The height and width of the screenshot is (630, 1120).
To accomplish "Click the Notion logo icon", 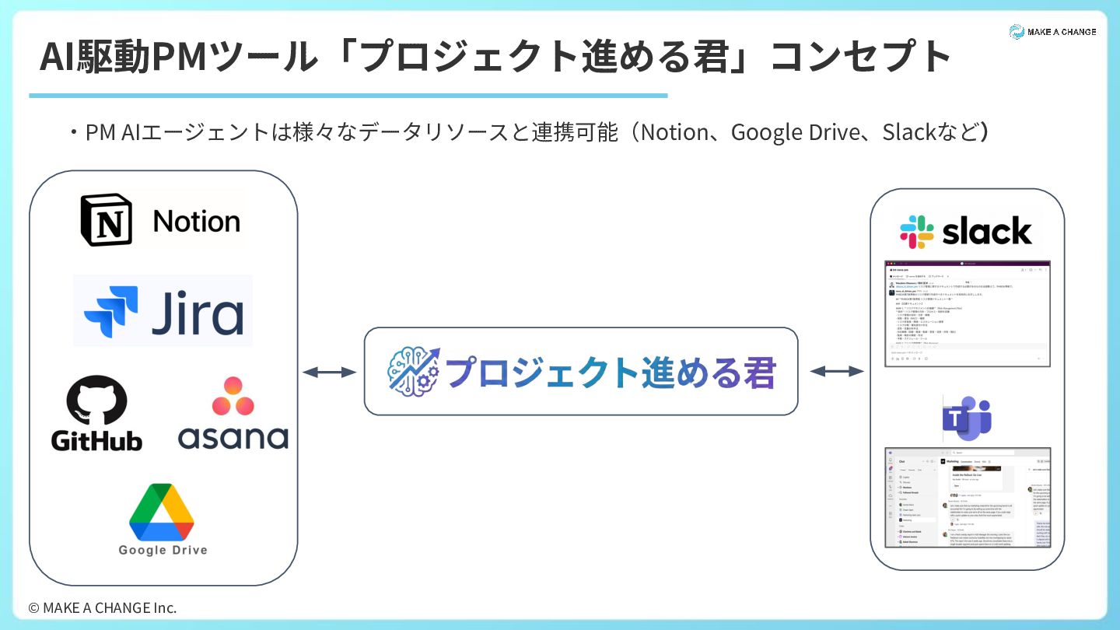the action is click(107, 220).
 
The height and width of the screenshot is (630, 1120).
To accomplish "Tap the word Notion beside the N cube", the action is click(197, 222).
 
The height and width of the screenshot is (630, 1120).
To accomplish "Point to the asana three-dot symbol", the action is click(233, 397).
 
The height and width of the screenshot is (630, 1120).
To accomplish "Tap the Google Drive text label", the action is click(163, 550).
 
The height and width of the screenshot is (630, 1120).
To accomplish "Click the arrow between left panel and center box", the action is click(329, 373).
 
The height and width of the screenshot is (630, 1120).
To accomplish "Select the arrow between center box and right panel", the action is click(837, 372).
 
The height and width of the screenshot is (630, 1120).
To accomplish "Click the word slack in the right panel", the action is click(987, 232).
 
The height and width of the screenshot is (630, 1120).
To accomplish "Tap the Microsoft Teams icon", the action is click(967, 419).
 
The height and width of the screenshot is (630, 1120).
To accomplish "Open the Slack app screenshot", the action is click(968, 313).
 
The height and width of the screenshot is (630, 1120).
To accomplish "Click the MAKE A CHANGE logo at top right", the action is click(1052, 32).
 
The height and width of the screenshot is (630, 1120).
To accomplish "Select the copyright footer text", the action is click(103, 607).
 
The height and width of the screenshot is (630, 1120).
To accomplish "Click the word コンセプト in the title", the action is click(861, 58).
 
